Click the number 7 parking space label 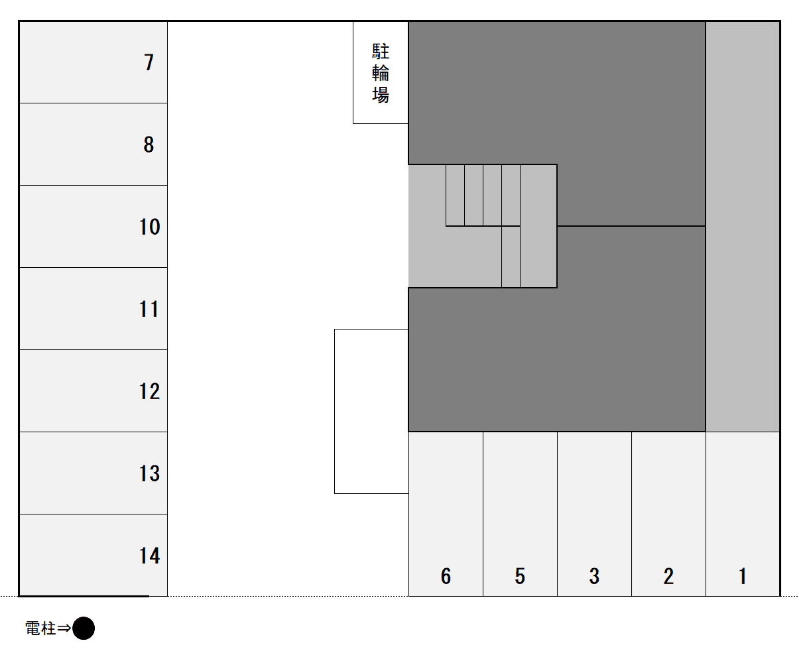coord(149,62)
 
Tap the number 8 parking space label coord(149,145)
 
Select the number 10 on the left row coord(149,227)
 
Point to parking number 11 coord(149,309)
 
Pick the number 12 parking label coord(149,391)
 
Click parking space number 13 coord(149,473)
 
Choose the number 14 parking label coord(149,556)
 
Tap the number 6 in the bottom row coord(446,576)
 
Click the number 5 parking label coord(520,576)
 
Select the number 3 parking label coord(594,576)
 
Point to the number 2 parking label coord(668,576)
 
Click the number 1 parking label coord(743,576)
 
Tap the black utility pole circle coord(84,628)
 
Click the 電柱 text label coord(40,629)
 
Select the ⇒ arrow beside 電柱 coord(64,629)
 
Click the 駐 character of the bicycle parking coord(381,51)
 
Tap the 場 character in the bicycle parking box coord(381,95)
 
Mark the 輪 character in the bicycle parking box coord(381,73)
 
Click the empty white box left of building coord(371,411)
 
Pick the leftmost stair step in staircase coord(455,195)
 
